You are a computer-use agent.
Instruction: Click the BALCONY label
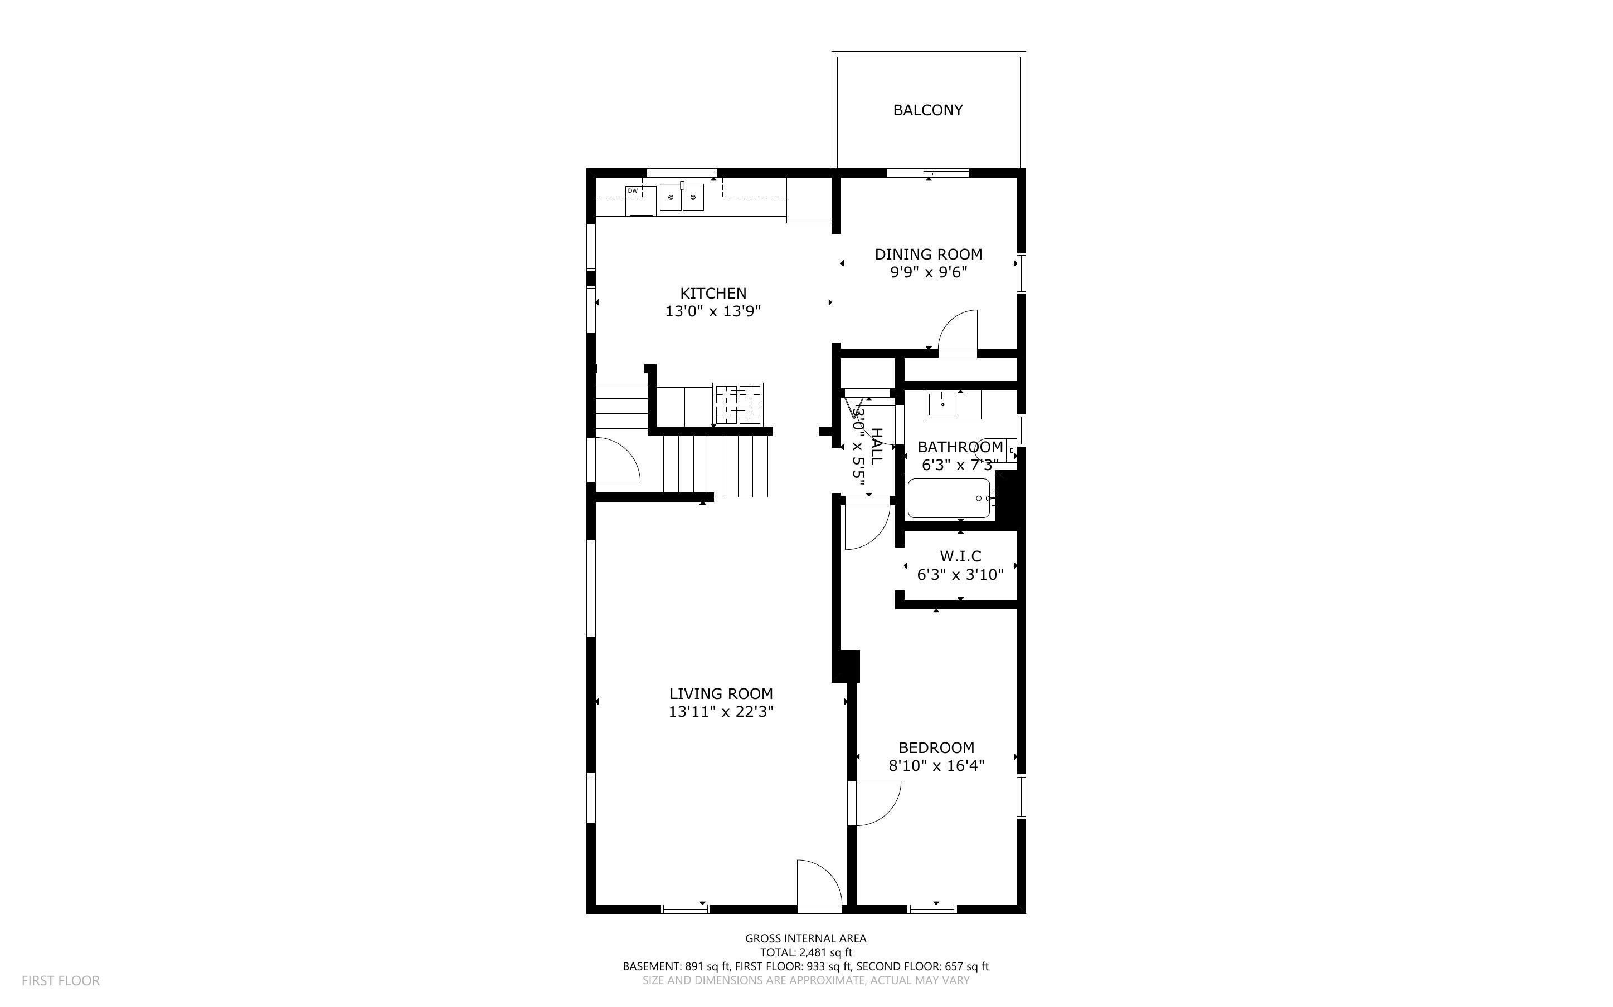click(927, 110)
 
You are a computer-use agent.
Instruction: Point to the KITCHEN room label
click(713, 293)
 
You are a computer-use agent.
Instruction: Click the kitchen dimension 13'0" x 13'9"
click(713, 311)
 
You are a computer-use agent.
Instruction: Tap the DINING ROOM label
click(928, 255)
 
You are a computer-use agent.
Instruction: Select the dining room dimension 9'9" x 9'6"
click(928, 272)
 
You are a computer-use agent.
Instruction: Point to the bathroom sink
click(942, 404)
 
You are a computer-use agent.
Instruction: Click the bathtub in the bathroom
click(950, 498)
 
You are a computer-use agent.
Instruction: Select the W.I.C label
click(960, 556)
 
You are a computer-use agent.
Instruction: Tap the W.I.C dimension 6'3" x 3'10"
click(960, 575)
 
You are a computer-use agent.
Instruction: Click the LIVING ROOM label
click(721, 694)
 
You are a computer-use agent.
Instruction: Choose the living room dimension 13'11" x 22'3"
click(721, 712)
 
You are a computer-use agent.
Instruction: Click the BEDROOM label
click(936, 748)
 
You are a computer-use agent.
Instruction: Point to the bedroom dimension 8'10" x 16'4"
click(936, 766)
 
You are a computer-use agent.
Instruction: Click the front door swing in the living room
click(819, 882)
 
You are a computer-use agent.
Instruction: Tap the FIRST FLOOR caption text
click(61, 980)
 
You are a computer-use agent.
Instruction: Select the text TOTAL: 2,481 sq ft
click(806, 952)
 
